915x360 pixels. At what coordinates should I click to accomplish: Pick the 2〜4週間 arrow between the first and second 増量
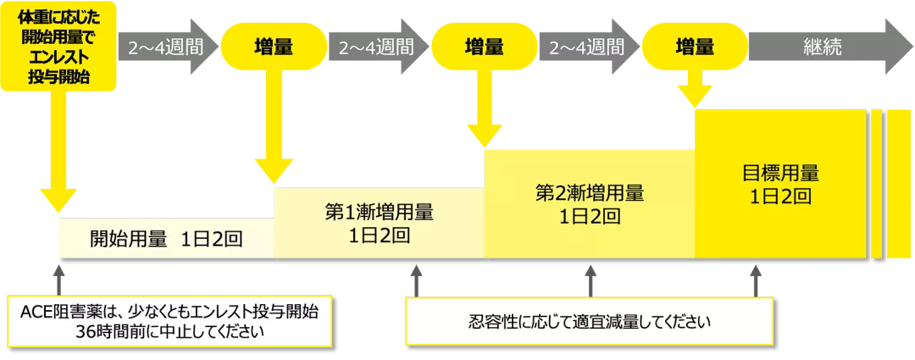coord(377,47)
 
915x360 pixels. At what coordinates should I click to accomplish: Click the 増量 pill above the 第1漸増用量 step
coord(274,47)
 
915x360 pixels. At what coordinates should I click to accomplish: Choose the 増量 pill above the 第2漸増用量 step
coord(485,47)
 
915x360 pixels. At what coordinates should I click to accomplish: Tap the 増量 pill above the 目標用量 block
coord(695,47)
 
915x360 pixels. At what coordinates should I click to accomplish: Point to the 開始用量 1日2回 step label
coord(166,238)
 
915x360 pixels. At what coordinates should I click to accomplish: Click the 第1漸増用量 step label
coord(379,222)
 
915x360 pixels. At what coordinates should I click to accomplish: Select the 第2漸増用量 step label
coord(590,203)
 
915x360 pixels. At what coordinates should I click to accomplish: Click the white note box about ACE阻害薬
coord(169,321)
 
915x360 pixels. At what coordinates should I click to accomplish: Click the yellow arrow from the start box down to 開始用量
coord(57,152)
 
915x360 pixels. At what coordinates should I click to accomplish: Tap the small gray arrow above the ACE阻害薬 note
coord(58,279)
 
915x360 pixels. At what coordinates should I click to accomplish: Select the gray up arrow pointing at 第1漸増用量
coord(415,280)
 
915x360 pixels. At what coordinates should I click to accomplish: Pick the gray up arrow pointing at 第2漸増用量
coord(591,280)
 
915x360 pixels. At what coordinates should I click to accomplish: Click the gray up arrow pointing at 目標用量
coord(755,280)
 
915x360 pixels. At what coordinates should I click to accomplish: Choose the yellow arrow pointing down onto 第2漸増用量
coord(485,110)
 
